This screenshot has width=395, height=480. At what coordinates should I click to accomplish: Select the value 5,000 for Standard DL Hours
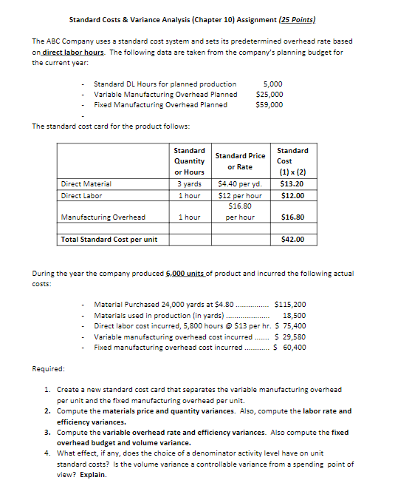point(273,84)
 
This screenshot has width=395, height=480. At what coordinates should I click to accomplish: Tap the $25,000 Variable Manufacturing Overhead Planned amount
point(269,94)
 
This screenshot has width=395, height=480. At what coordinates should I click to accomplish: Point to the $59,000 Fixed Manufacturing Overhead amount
point(269,104)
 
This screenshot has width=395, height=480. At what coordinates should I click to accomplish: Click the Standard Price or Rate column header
point(240,160)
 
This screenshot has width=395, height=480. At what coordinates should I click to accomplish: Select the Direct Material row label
point(86,183)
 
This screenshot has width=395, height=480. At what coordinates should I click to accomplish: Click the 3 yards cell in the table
point(190,183)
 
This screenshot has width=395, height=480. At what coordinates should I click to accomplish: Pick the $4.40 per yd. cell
point(240,183)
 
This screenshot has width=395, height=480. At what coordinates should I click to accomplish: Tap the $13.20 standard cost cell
point(293,183)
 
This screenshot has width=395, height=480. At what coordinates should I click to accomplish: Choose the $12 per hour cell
point(240,195)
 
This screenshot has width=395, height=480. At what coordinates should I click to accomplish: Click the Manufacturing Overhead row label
point(103,217)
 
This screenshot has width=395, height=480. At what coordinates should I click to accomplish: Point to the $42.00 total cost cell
point(293,239)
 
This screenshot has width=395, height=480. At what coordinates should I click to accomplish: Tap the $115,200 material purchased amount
point(289,304)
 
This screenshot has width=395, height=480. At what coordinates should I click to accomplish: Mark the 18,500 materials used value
point(295,314)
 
